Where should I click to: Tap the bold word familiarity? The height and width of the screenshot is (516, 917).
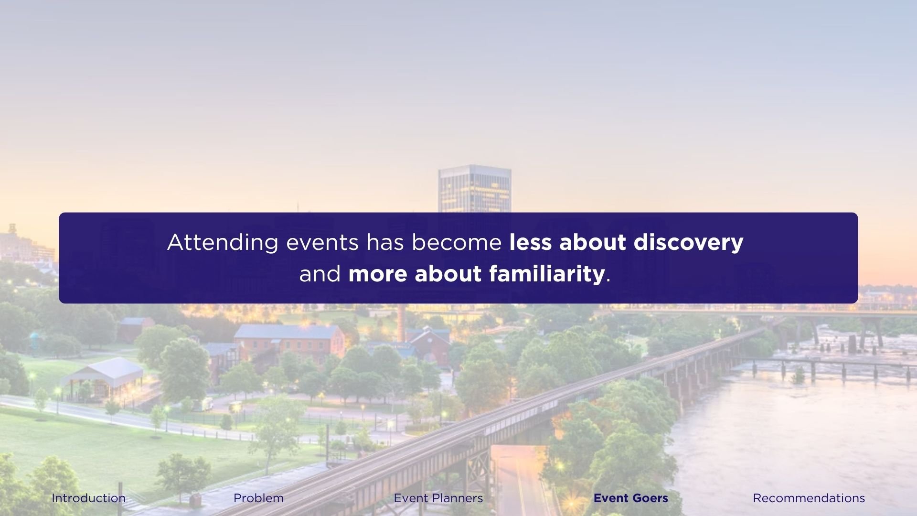548,274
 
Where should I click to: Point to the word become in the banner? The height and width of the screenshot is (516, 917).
457,243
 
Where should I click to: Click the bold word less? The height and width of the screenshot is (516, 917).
531,243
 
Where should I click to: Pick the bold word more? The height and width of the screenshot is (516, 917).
378,274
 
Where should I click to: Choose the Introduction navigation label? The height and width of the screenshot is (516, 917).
88,498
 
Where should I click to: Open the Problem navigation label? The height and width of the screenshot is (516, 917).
258,498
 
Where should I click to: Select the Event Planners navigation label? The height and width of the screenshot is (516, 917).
438,498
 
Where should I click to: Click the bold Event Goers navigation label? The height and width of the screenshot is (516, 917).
630,498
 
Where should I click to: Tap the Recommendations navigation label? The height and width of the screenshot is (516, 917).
809,498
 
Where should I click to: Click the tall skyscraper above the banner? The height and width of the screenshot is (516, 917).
474,189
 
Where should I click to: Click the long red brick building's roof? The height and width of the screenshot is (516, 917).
287,332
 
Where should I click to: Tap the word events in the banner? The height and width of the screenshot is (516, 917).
322,243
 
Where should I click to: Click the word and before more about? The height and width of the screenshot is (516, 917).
320,274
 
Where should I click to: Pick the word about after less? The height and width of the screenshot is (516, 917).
592,243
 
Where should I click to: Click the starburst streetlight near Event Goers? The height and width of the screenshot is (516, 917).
571,503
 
